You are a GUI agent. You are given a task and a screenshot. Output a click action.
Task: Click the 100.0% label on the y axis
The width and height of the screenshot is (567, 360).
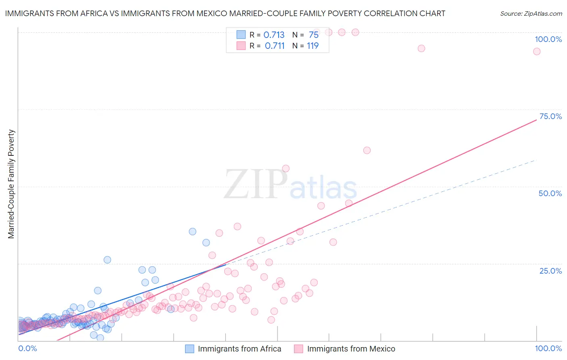click(548, 39)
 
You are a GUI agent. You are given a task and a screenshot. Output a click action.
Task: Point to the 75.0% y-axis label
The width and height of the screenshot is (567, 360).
click(550, 116)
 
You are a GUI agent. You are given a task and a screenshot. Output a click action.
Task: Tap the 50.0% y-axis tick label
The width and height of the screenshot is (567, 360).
click(550, 193)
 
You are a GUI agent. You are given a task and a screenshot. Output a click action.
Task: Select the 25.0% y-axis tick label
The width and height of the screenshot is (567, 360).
click(550, 271)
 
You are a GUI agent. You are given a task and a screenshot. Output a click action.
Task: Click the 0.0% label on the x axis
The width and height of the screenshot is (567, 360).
click(27, 348)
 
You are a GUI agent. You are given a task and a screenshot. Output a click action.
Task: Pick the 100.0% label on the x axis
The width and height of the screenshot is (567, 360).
click(548, 348)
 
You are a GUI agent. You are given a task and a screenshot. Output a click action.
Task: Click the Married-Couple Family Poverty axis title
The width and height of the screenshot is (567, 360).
click(11, 184)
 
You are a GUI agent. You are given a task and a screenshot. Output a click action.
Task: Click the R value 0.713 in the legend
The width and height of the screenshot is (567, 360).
click(274, 35)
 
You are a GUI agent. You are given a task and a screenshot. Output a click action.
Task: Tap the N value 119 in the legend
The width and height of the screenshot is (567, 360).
click(313, 46)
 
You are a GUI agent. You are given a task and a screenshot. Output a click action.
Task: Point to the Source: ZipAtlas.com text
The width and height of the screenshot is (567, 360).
click(531, 13)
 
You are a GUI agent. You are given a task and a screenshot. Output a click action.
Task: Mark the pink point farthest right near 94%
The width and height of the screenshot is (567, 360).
click(536, 51)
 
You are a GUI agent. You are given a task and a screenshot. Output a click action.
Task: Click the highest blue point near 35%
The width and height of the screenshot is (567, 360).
click(192, 232)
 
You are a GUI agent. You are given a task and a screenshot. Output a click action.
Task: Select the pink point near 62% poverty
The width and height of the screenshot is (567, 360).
click(367, 150)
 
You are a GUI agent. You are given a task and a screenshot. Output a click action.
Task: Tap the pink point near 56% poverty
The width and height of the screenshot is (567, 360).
click(286, 168)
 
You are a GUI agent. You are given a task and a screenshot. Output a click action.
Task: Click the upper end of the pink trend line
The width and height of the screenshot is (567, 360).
click(536, 120)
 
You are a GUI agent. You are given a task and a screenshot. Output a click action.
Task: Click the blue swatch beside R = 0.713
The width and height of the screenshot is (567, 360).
click(241, 35)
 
